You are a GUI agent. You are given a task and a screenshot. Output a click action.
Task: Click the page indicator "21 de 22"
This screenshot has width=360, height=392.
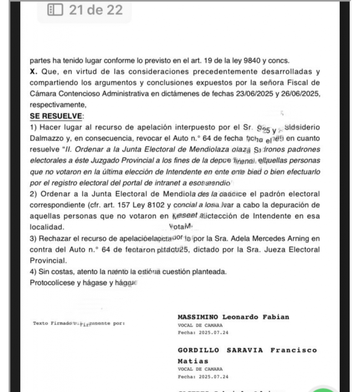96,10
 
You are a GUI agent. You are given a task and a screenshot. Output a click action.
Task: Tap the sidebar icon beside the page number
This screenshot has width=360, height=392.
55,10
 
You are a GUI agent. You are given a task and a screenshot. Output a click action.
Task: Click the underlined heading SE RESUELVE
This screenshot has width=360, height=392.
56,116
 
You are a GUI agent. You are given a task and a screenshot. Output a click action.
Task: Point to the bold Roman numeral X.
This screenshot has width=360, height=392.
33,72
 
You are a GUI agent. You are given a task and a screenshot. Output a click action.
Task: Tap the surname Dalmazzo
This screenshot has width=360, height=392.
47,138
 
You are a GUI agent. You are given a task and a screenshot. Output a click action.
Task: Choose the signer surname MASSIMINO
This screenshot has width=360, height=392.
198,317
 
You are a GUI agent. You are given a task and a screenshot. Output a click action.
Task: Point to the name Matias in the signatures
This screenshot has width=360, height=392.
193,361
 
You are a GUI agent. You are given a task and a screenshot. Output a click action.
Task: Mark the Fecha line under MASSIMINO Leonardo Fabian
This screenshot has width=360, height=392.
203,333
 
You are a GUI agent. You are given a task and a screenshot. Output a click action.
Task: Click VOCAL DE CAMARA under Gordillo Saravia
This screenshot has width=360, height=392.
200,369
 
